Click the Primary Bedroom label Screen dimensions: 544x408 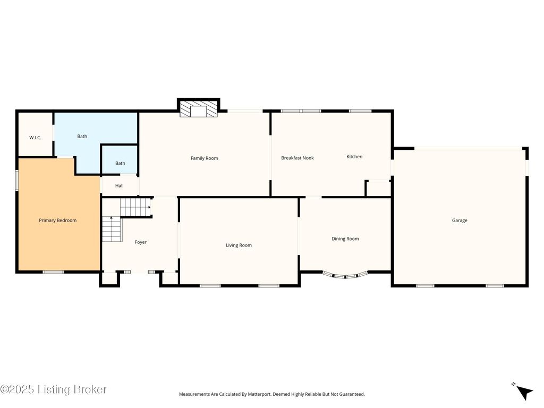click(57, 220)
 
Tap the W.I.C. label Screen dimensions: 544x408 click(35, 138)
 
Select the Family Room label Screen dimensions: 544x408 click(205, 158)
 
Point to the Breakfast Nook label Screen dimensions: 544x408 click(297, 158)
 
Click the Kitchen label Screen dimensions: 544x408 click(354, 157)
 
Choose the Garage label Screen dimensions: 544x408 click(460, 220)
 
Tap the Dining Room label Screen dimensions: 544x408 click(345, 239)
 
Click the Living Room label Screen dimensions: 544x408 click(239, 245)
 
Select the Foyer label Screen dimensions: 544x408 click(140, 242)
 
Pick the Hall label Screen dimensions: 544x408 click(120, 185)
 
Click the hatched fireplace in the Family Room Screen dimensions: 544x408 click(199, 109)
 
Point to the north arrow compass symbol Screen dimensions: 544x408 click(523, 392)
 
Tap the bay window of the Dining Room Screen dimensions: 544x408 click(345, 276)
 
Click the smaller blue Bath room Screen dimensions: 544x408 click(120, 159)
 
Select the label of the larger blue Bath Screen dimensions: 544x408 click(82, 137)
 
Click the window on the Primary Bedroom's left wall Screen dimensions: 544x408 click(16, 180)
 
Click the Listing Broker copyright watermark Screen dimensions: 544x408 click(54, 389)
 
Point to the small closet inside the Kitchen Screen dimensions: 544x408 click(378, 189)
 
